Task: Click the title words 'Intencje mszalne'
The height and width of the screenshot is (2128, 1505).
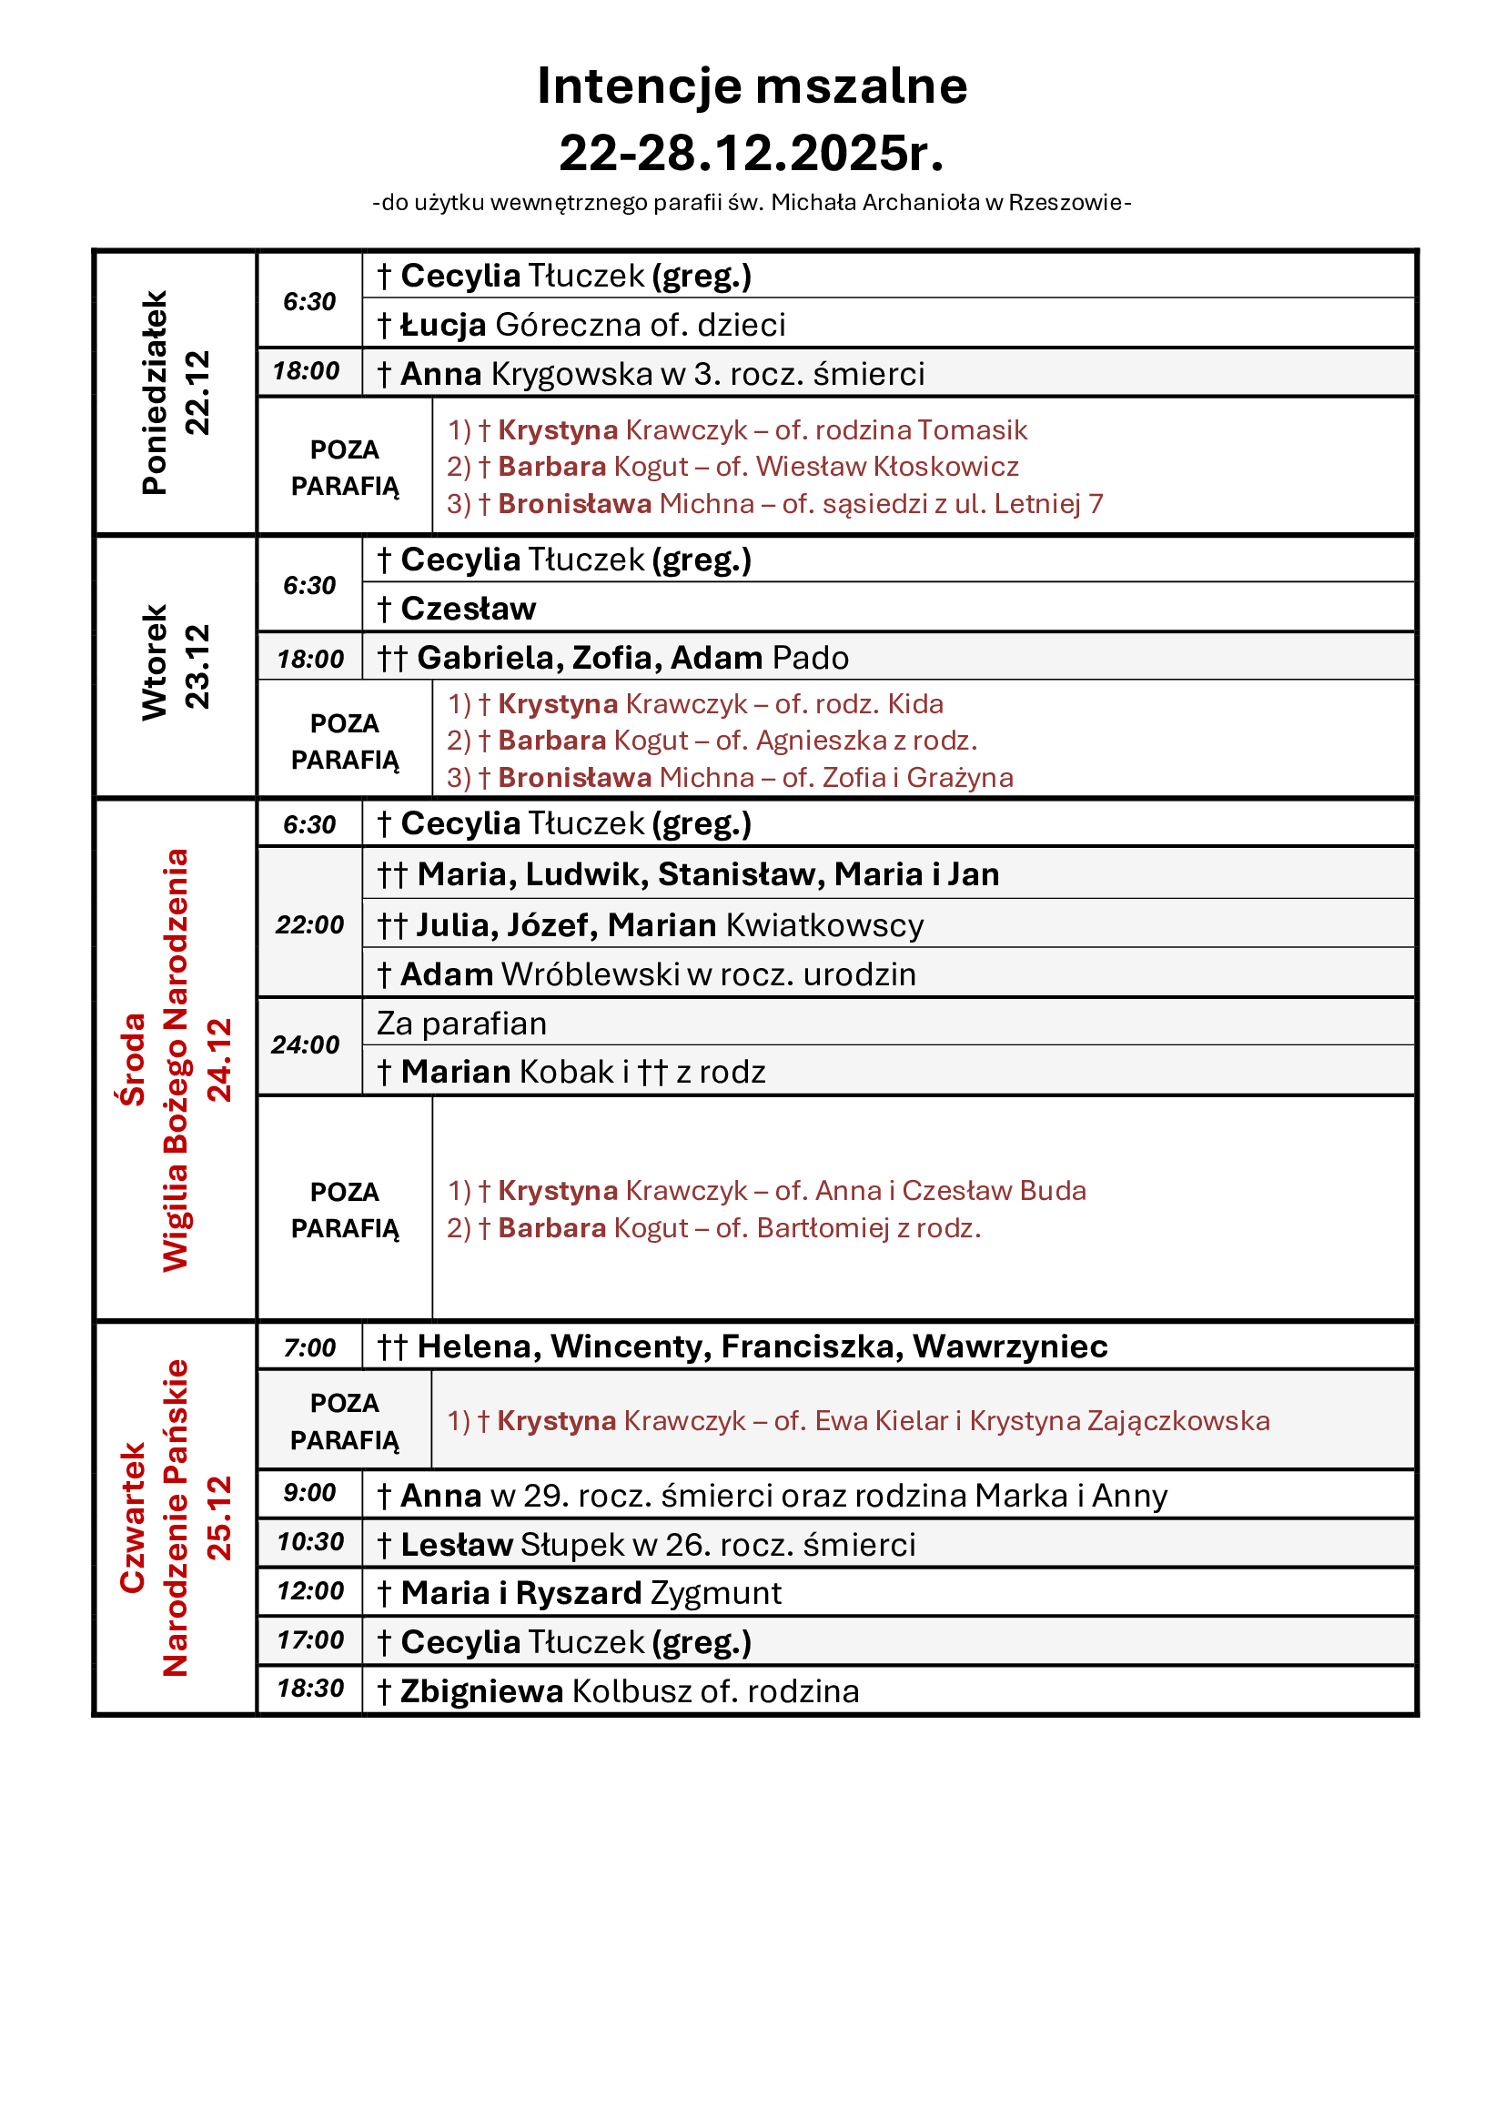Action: click(752, 86)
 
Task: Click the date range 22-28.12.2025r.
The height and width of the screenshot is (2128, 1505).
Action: click(752, 153)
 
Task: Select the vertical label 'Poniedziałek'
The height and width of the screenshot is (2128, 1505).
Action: click(155, 392)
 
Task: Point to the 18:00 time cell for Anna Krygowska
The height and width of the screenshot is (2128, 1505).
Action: click(307, 372)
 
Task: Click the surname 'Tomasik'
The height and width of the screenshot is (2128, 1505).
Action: click(973, 430)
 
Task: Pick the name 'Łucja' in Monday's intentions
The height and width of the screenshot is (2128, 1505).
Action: click(443, 326)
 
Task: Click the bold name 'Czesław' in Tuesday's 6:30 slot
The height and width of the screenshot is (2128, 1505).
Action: click(468, 609)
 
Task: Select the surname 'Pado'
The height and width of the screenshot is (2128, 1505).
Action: click(810, 658)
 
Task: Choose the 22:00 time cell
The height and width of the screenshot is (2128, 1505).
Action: click(309, 925)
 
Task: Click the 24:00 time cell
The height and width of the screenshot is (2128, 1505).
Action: click(306, 1045)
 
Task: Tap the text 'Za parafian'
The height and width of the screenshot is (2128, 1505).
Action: click(461, 1024)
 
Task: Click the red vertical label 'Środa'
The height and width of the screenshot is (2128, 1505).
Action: click(134, 1059)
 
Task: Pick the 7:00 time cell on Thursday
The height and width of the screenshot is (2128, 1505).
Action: click(309, 1347)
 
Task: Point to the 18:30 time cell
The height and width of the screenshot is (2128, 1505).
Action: click(310, 1689)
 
